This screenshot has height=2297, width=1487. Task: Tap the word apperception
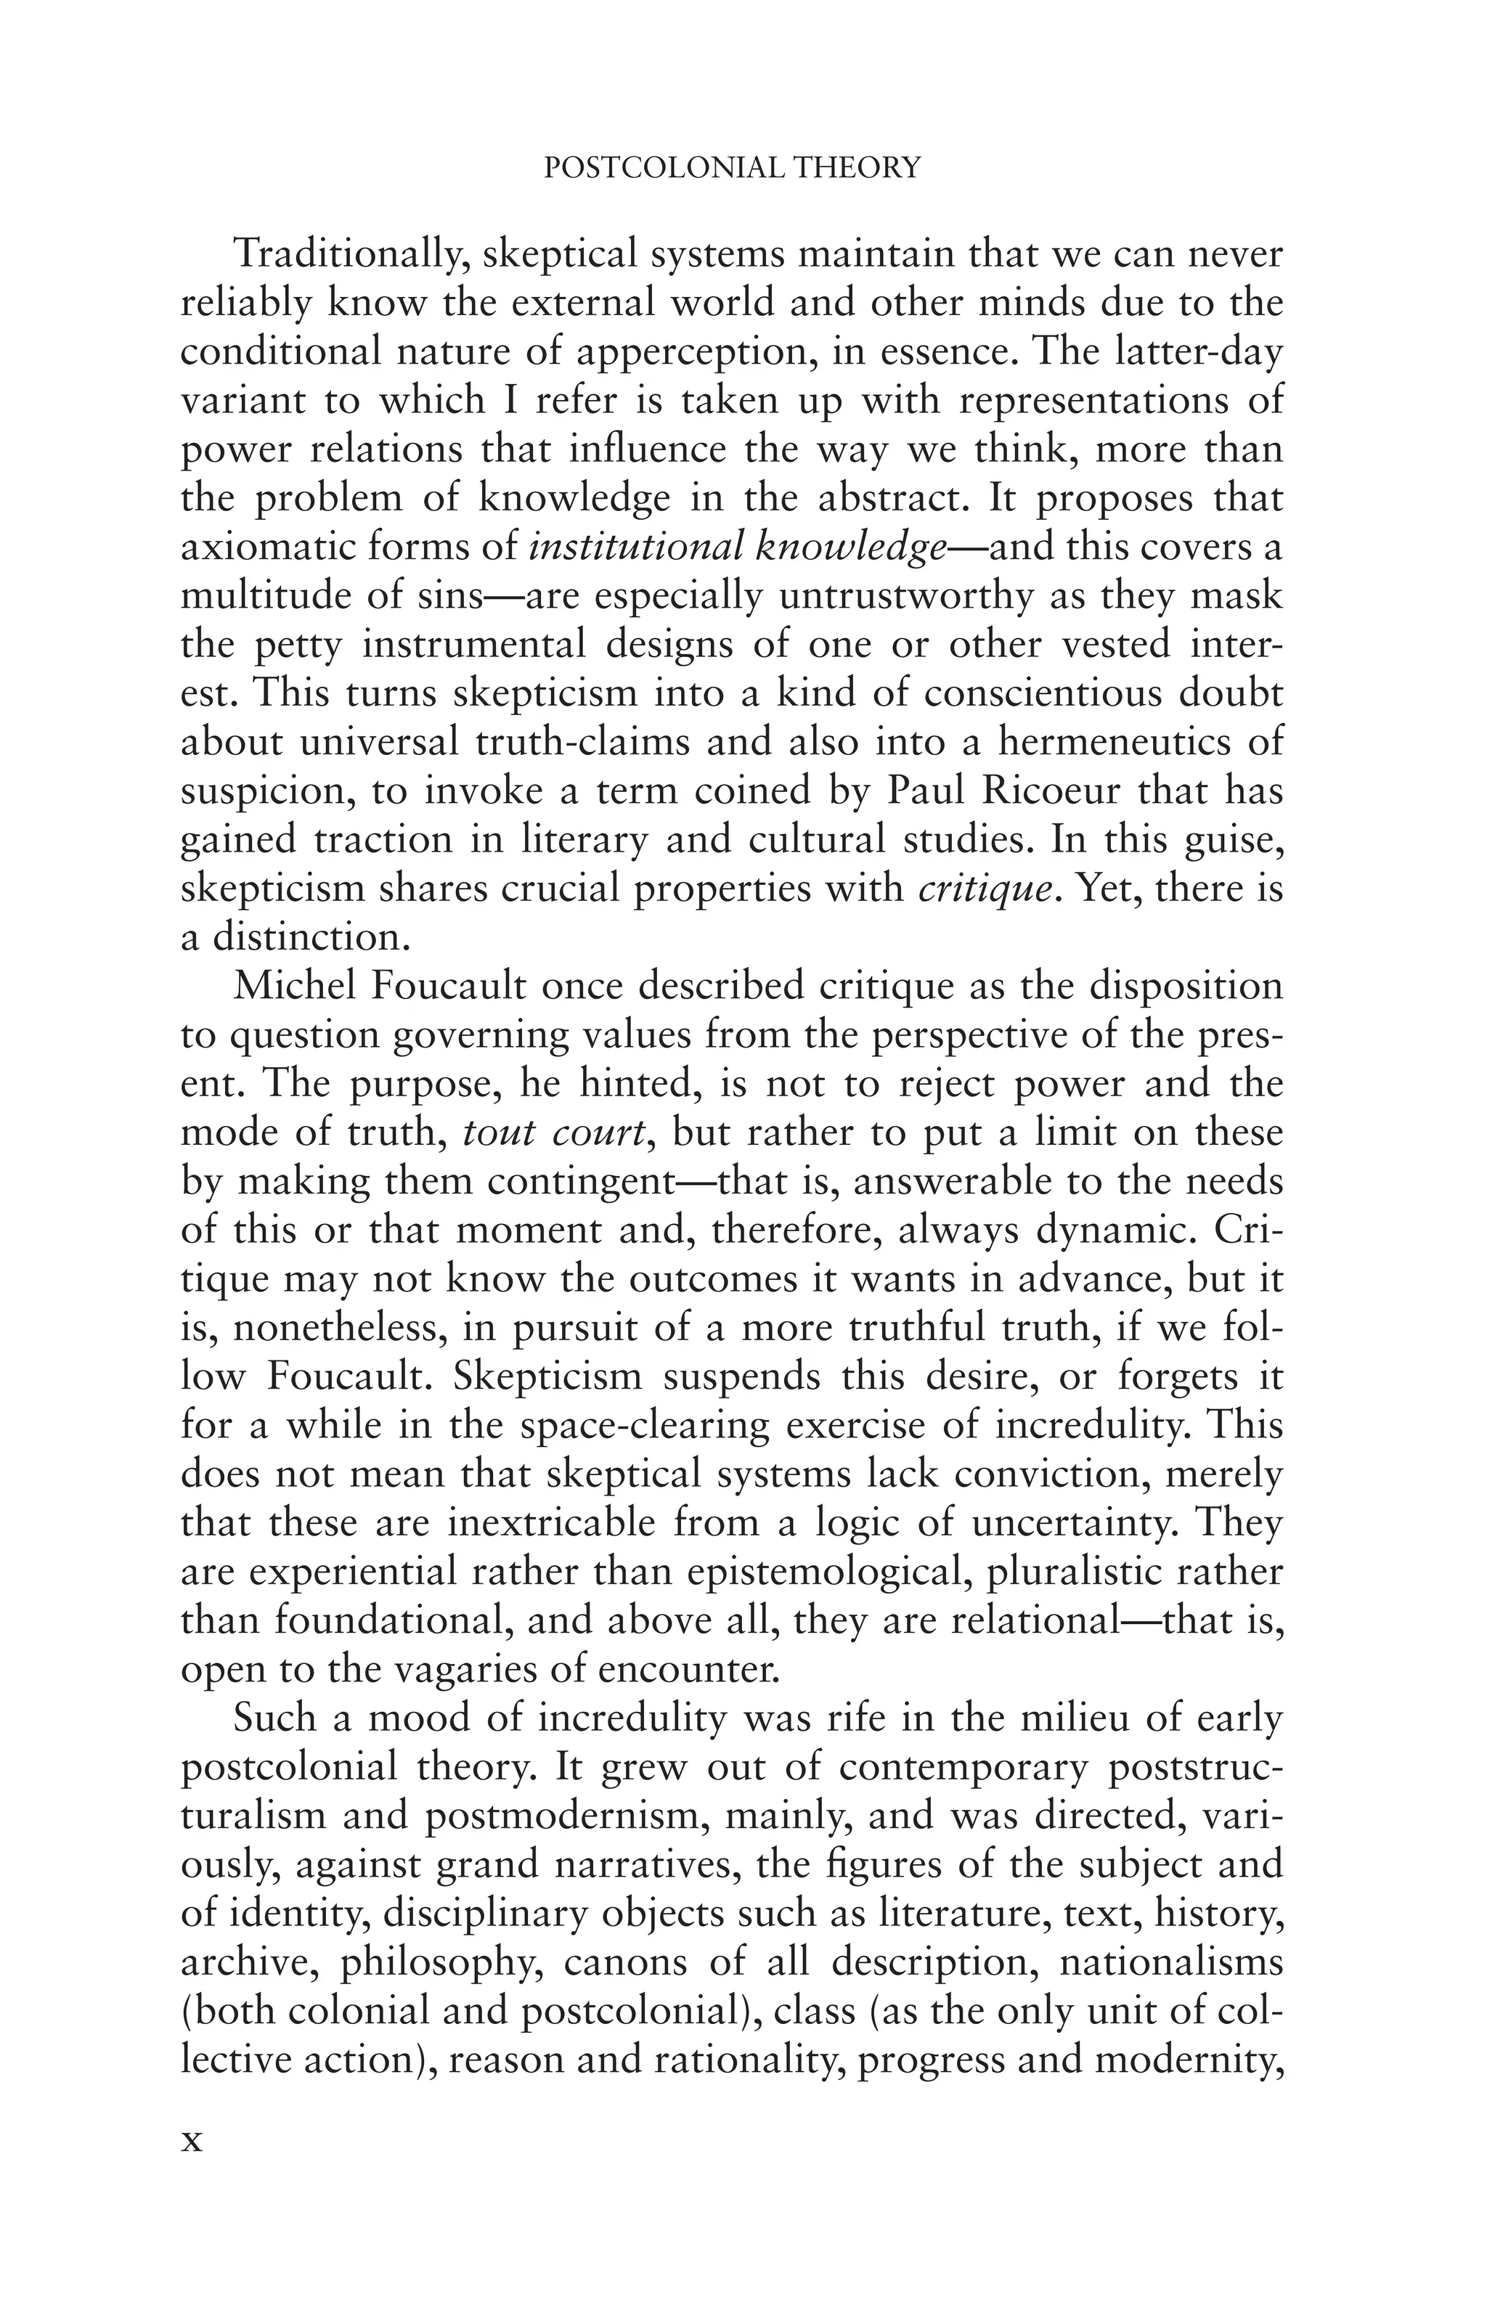(x=689, y=352)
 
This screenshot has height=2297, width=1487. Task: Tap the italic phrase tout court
(x=553, y=1132)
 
